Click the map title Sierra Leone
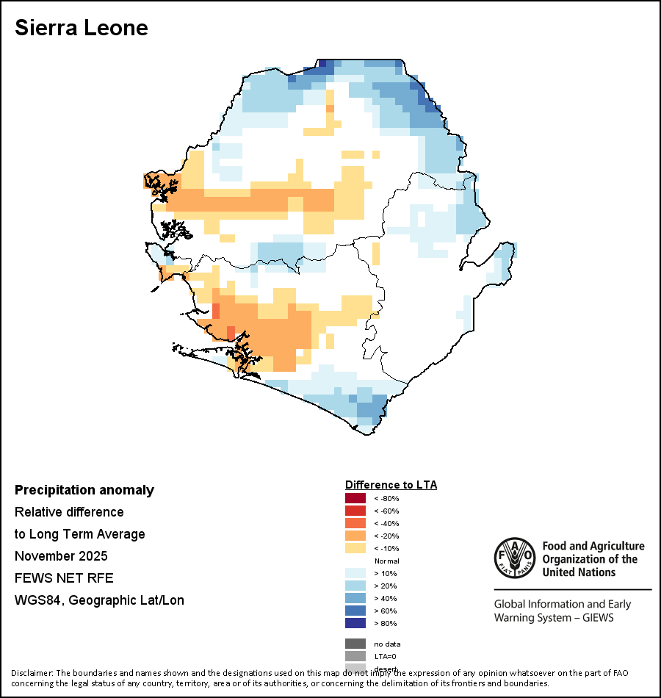pos(82,28)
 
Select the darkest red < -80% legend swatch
pos(355,498)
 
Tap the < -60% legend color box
pos(355,511)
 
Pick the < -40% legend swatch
pos(355,523)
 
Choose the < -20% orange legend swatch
pos(355,536)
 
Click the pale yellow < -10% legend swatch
pos(355,548)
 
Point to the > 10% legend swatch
pos(355,573)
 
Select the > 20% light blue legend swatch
pos(355,586)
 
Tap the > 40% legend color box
pos(355,598)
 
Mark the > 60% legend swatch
pos(355,611)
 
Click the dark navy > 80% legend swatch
pos(355,623)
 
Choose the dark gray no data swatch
pos(355,644)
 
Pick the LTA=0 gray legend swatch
pos(355,656)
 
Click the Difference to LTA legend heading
pos(391,485)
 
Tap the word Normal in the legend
pos(386,561)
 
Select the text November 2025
pos(61,555)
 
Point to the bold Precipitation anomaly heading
pos(84,490)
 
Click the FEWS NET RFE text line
pos(64,578)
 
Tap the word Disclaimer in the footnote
pos(32,673)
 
